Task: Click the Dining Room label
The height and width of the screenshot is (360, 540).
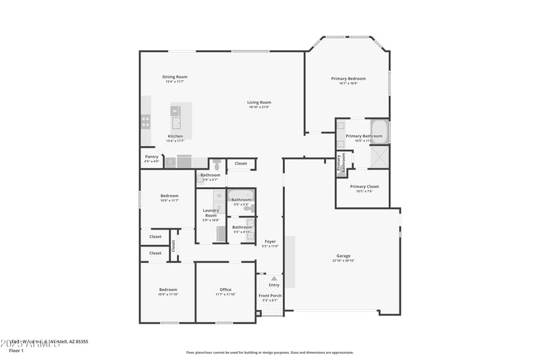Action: coord(175,77)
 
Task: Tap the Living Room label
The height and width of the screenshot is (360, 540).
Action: coord(259,103)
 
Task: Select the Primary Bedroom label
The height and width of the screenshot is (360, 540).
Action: coord(348,79)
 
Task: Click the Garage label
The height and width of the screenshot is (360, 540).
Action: coord(344,256)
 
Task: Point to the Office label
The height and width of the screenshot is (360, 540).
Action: coord(225,290)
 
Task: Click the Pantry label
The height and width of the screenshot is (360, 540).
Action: coord(151,157)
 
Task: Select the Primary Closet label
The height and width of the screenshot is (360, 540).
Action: coord(364,186)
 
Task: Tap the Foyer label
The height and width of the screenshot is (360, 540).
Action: coord(270,241)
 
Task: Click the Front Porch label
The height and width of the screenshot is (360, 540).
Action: coord(270,295)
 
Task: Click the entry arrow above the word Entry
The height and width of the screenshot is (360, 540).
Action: coord(274,278)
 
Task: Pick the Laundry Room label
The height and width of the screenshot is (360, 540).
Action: coord(211,213)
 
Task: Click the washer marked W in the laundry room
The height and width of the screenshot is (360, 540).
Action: coord(219,196)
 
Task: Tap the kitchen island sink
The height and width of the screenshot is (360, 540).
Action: coord(176,122)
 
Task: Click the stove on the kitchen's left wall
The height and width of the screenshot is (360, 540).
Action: coord(145,122)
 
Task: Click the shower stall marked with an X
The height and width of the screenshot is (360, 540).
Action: coord(379,158)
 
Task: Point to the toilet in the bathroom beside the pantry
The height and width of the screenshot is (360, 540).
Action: coord(216,164)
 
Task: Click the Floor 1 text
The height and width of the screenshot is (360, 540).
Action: coord(16,351)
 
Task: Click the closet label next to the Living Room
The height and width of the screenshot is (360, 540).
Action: coord(241,163)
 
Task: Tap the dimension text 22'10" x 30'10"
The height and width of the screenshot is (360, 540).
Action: coord(344,261)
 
